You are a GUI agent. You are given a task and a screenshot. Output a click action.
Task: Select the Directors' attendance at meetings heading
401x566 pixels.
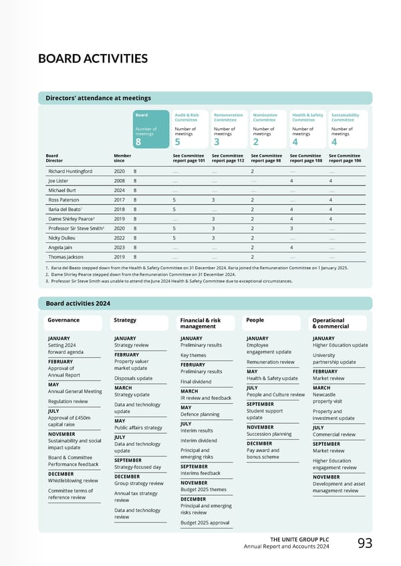click(98, 98)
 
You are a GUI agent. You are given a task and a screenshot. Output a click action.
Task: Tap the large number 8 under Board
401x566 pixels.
click(138, 141)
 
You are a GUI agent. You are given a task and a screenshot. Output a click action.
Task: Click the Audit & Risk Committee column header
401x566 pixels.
click(186, 117)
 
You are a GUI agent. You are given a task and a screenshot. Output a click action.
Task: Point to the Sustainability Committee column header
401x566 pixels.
click(345, 117)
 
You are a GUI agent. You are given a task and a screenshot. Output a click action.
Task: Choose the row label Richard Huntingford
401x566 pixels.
click(70, 171)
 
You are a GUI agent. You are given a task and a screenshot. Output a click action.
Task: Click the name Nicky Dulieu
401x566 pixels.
click(61, 237)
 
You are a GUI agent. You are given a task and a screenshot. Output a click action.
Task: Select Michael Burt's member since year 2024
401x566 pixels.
click(120, 190)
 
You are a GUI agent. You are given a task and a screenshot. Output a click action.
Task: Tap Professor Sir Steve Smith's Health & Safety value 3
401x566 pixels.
click(291, 228)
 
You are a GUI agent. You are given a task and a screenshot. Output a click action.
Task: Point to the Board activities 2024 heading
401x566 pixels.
click(78, 304)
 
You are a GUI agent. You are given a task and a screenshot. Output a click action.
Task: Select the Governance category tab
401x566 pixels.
click(63, 320)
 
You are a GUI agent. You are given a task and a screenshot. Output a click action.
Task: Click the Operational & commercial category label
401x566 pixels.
click(330, 324)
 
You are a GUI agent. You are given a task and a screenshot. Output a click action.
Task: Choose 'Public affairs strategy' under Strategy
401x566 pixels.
click(138, 428)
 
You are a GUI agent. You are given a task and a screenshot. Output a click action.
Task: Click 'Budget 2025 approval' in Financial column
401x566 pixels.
click(205, 523)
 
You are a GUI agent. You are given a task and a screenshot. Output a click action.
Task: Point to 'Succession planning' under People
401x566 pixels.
click(269, 434)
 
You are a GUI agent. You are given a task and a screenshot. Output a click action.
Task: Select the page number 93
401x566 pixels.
click(365, 544)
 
